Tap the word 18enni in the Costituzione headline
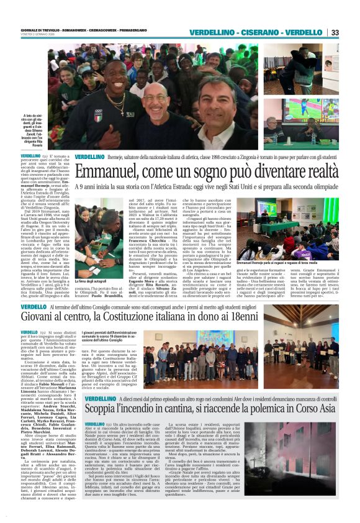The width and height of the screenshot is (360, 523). [221, 317]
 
